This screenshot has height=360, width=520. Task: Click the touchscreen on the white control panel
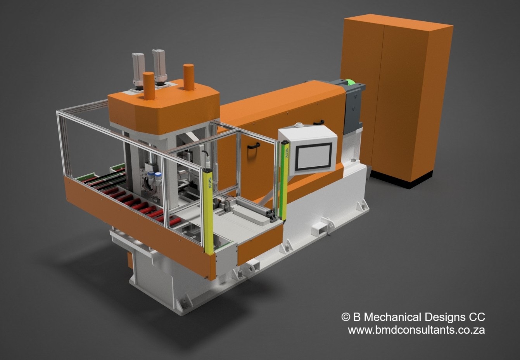tap(313, 156)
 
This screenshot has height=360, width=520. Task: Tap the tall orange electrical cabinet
tap(397, 97)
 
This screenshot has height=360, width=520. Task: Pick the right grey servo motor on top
tap(159, 67)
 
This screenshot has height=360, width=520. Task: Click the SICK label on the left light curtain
tap(210, 183)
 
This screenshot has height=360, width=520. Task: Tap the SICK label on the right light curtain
tap(287, 153)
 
